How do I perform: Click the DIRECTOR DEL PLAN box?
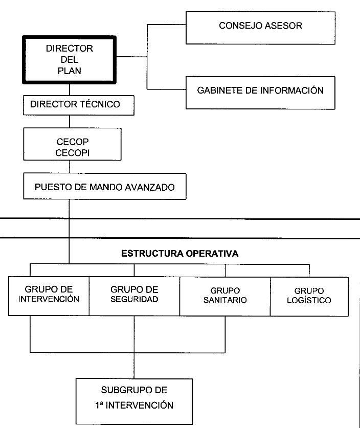point(70,60)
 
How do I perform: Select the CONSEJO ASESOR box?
point(260,28)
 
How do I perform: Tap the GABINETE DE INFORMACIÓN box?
point(260,93)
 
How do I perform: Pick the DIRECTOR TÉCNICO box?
point(79,105)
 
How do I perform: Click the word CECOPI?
point(72,153)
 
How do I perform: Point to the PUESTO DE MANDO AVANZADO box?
point(105,186)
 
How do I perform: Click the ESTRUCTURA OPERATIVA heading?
point(180,254)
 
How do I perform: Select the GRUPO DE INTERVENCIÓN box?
point(49,296)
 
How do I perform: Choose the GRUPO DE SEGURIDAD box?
point(134,297)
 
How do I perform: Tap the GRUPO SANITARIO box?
point(225,297)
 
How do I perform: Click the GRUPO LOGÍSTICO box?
point(309,297)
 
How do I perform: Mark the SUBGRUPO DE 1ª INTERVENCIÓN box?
point(134,401)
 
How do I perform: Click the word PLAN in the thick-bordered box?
point(70,71)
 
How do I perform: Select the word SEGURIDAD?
point(134,300)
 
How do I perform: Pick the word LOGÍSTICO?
point(309,300)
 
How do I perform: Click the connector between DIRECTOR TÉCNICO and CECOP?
point(70,122)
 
